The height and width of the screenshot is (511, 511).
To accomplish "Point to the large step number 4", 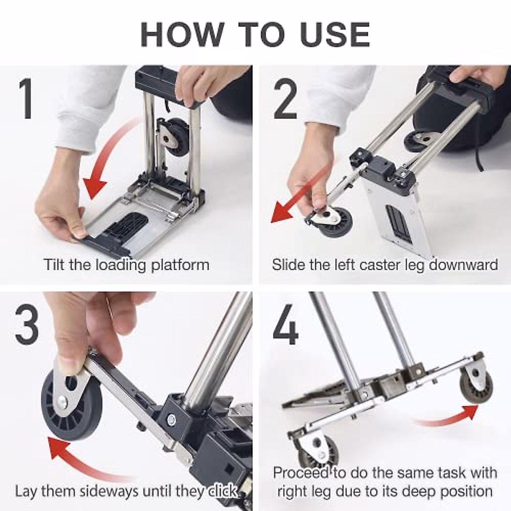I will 285,325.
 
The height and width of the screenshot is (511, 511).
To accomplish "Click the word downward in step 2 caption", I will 463,265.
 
